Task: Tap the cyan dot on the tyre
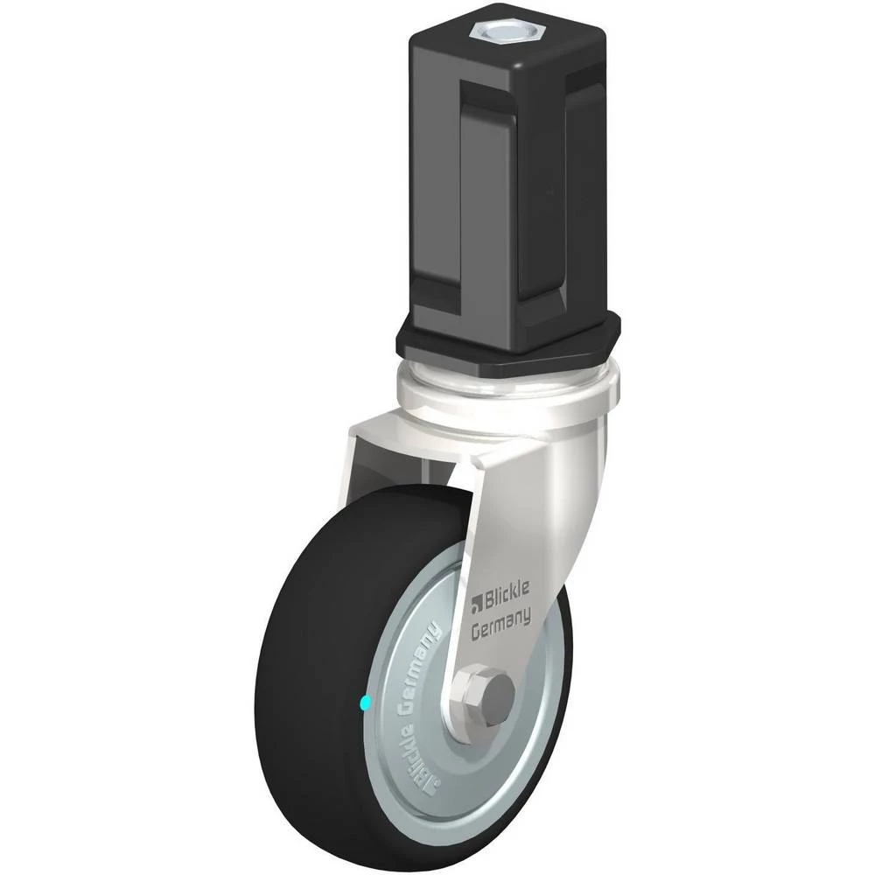tap(366, 703)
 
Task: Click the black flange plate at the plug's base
tap(507, 340)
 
